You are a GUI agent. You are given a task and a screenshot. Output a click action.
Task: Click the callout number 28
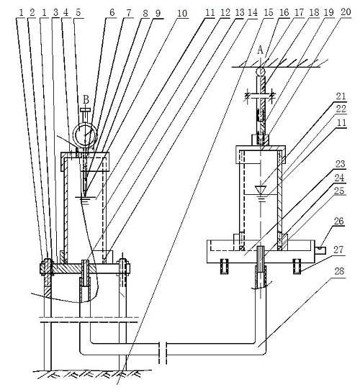[x=339, y=271]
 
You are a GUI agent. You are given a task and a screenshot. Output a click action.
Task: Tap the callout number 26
[x=339, y=221]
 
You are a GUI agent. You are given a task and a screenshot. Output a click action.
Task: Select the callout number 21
[x=341, y=96]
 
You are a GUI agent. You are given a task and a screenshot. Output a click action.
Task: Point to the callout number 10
[x=182, y=14]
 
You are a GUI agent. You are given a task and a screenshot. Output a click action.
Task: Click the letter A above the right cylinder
[x=261, y=50]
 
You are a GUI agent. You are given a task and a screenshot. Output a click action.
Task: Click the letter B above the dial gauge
[x=86, y=100]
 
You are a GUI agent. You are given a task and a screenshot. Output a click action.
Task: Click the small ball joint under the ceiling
[x=261, y=72]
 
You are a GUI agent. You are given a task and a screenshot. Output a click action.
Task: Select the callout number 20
[x=346, y=12]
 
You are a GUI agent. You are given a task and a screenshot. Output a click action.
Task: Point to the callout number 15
[x=269, y=12]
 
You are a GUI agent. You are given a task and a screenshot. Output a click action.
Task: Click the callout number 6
[x=112, y=12]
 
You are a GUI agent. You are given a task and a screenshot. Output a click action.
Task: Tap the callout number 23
[x=341, y=164]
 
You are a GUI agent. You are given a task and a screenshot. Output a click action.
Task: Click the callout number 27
[x=339, y=250]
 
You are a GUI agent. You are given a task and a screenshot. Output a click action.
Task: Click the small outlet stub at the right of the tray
[x=320, y=250]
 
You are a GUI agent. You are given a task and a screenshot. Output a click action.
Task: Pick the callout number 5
[x=78, y=12]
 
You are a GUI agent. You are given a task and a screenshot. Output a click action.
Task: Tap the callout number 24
[x=340, y=178]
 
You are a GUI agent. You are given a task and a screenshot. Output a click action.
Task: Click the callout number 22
[x=341, y=109]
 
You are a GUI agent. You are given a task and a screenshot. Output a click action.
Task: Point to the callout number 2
[x=32, y=12]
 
